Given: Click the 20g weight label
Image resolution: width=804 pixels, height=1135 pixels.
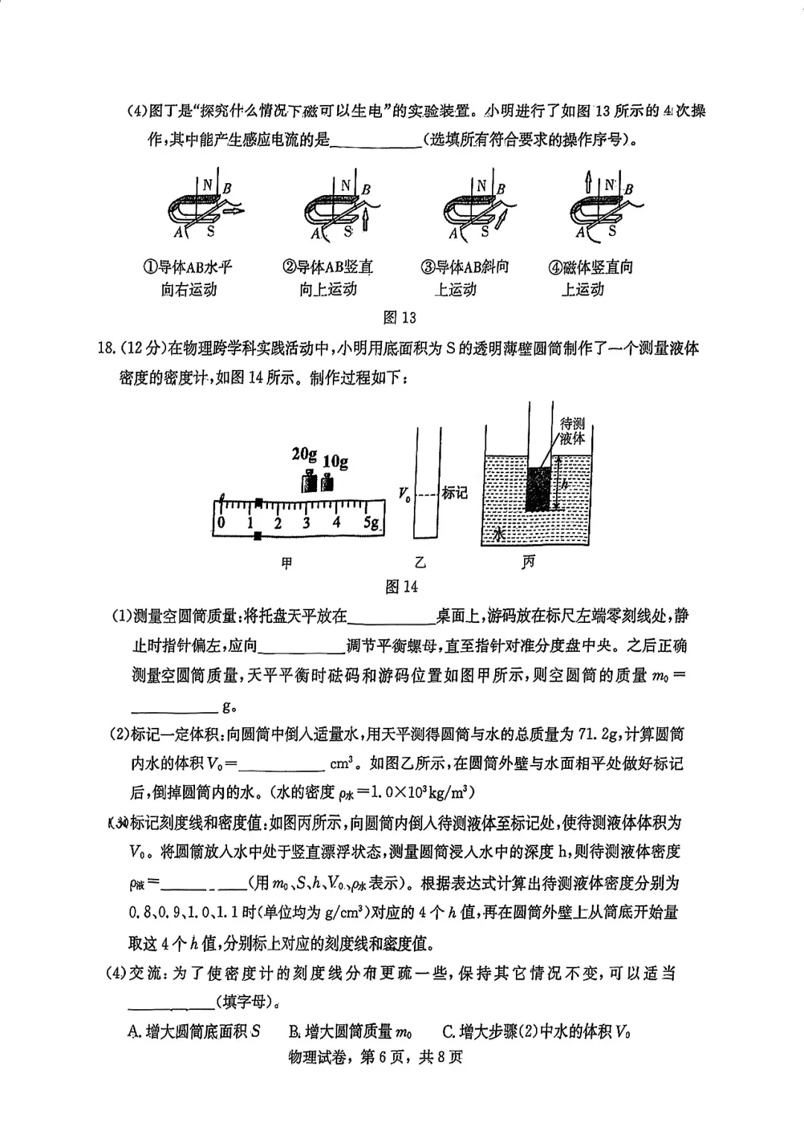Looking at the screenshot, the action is (x=304, y=454).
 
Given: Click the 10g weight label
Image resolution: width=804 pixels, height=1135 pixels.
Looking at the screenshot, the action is (x=336, y=461).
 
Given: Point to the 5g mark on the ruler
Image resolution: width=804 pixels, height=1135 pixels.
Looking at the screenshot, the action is (x=372, y=522).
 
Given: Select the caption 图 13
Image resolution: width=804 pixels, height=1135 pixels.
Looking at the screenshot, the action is (x=399, y=318).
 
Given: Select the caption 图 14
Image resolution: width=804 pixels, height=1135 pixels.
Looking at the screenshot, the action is (x=401, y=586).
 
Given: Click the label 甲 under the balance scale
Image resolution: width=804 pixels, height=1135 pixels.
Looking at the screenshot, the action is (x=286, y=563).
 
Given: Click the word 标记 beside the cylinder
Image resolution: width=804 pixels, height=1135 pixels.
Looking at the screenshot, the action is (x=455, y=493).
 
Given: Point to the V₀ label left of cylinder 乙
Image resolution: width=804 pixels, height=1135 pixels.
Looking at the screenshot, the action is (x=404, y=493).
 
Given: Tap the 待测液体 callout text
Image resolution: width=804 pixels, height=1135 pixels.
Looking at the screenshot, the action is (x=572, y=431).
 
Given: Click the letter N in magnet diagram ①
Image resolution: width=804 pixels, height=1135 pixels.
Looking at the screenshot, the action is (x=207, y=186).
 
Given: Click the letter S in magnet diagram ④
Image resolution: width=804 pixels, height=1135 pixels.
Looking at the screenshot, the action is (x=612, y=231).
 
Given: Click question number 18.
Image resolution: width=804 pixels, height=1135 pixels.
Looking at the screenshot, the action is (x=106, y=348).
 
